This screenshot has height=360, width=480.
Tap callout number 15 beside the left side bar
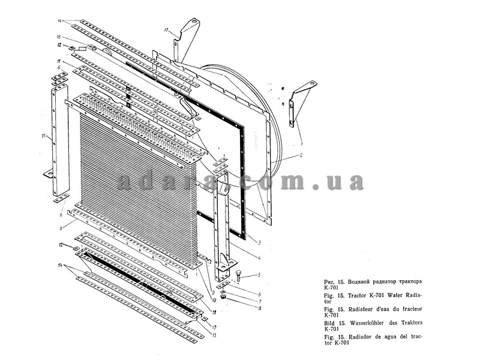pos(44,137)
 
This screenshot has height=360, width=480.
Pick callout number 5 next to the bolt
pos(259,276)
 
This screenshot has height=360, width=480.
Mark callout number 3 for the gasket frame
pos(259,242)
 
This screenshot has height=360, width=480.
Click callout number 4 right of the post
pos(259,259)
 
